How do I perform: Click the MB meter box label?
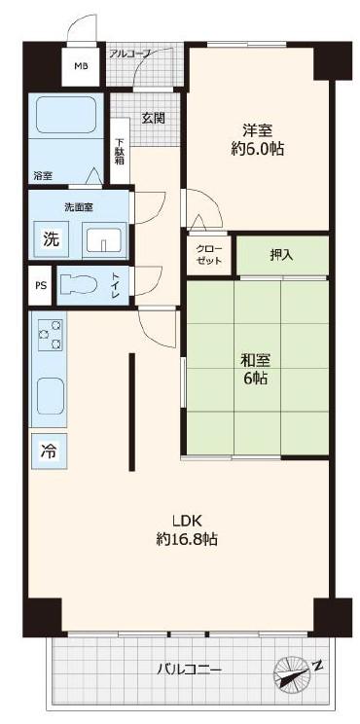[x=81, y=65]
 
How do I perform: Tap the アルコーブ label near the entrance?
[x=130, y=54]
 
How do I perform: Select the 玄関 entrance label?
[x=153, y=118]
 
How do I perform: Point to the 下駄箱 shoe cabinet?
[x=120, y=151]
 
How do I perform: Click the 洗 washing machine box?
[x=52, y=239]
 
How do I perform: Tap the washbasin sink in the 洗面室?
[x=104, y=240]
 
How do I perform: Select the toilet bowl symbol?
[x=79, y=285]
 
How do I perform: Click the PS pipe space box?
[x=40, y=285]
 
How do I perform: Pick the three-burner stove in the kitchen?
[x=51, y=335]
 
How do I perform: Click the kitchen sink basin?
[x=51, y=396]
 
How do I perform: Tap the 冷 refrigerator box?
[x=49, y=452]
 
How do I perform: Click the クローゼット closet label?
[x=209, y=254]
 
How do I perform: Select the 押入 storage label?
[x=281, y=255]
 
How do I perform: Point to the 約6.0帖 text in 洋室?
[x=257, y=149]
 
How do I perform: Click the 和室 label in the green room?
[x=255, y=360]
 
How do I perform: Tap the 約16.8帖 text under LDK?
[x=187, y=539]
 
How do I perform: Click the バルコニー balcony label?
[x=189, y=670]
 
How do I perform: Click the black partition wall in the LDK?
[x=132, y=412]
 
